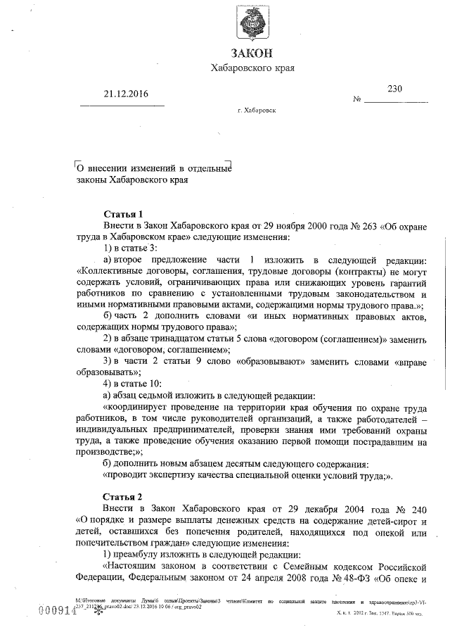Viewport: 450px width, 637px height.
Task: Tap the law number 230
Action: [x=395, y=89]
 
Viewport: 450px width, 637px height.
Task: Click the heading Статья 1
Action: [x=123, y=214]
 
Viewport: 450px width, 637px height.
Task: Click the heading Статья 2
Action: [x=123, y=497]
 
